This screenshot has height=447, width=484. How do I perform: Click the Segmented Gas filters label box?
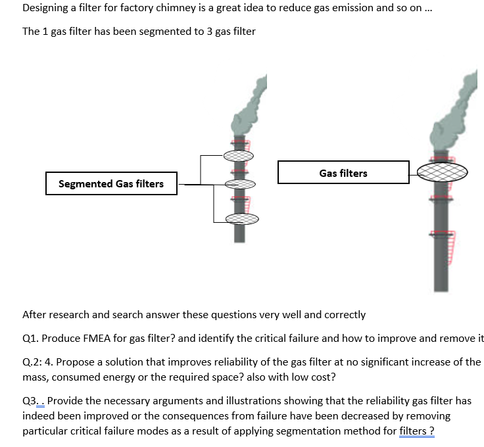tap(111, 183)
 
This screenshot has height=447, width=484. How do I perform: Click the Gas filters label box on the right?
tap(343, 173)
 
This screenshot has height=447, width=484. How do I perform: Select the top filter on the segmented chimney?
tap(238, 156)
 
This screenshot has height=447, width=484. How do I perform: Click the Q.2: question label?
tap(34, 362)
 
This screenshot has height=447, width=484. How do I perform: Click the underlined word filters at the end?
tap(412, 431)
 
